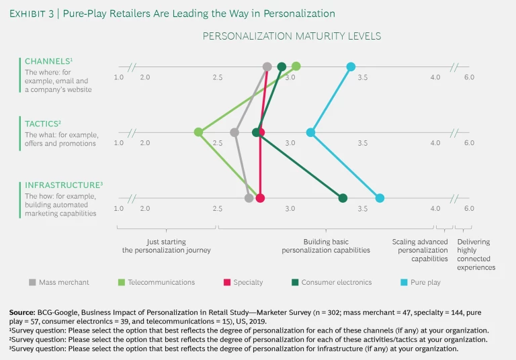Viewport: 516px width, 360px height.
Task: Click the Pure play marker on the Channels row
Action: point(351,66)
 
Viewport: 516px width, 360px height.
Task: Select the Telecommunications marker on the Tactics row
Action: point(198,132)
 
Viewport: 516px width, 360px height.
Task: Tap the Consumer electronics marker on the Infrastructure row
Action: point(343,198)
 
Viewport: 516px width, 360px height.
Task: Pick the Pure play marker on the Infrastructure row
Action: point(380,198)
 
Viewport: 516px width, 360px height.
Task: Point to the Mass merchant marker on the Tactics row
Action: point(234,132)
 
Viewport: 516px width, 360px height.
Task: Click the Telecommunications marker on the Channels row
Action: point(296,66)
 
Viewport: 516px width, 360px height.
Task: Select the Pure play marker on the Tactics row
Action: point(310,132)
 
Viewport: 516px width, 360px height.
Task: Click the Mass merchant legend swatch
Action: point(32,283)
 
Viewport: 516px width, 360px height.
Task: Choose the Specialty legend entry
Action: point(245,283)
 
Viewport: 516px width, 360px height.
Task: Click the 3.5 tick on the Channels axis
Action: point(362,77)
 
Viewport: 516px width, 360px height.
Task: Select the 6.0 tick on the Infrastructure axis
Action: point(468,208)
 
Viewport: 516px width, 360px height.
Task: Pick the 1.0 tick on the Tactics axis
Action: point(119,143)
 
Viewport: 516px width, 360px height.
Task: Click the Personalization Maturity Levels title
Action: point(292,36)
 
